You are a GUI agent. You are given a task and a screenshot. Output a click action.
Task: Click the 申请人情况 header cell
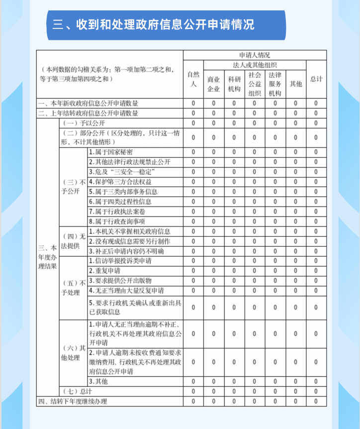click(254, 55)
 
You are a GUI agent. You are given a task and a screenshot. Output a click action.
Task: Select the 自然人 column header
click(193, 79)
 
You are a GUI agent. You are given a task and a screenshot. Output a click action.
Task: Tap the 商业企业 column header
click(213, 84)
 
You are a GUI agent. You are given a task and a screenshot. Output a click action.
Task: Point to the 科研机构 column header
click(234, 84)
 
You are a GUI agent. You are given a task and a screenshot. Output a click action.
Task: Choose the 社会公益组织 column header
click(254, 84)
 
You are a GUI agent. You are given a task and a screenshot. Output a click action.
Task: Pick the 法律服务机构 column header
click(275, 84)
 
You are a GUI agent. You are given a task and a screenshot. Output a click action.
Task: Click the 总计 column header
click(316, 79)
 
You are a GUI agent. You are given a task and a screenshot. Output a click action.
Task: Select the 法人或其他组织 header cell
click(254, 65)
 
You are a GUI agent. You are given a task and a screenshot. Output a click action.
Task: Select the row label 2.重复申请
click(104, 271)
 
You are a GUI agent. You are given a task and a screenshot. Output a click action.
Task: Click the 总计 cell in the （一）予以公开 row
click(316, 123)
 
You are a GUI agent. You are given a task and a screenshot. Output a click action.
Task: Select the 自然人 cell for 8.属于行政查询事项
click(193, 221)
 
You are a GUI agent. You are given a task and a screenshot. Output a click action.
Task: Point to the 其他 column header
click(295, 84)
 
